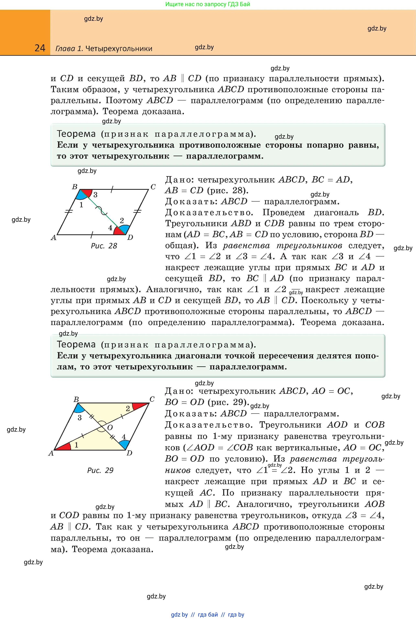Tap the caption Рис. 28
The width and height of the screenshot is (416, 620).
pos(104,246)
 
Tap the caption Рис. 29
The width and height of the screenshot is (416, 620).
pos(100,470)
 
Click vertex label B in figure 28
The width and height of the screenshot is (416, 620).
pos(75,187)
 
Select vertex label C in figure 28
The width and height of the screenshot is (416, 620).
pos(153,187)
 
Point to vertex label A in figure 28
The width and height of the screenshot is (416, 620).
pos(54,238)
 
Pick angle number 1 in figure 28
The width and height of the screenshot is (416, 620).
pos(81,205)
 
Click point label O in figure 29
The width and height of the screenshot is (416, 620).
pos(110,427)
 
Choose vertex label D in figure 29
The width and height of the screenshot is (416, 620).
pos(129,453)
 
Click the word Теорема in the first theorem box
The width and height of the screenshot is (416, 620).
pos(76,134)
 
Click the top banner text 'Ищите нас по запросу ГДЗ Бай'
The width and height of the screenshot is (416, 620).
pos(208,4)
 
